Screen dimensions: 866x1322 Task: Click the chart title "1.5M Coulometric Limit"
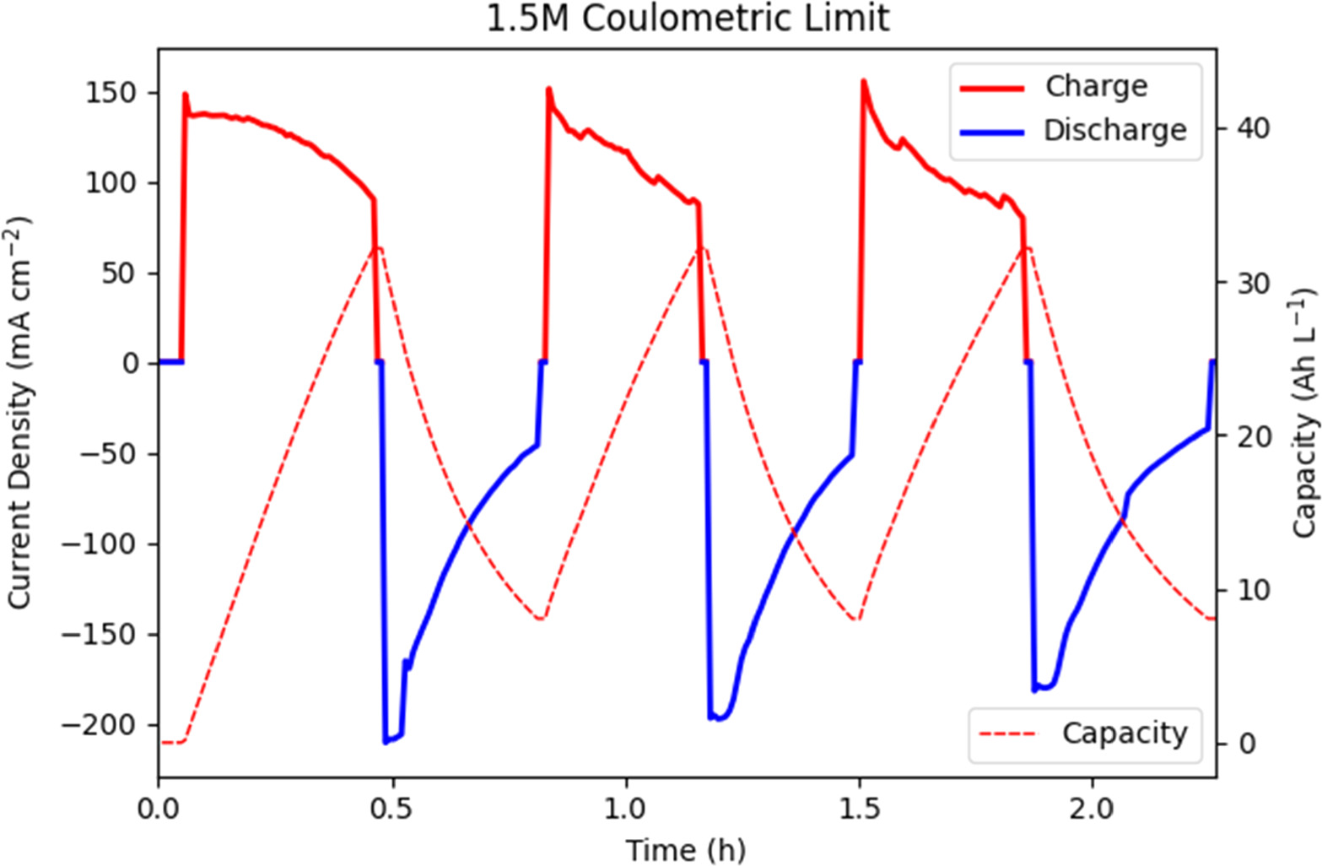point(688,19)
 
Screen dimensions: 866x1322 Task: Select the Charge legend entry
point(1096,86)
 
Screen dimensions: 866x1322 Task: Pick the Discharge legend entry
point(1114,130)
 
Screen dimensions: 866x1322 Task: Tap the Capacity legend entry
point(1124,733)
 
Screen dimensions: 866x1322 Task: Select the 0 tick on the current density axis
point(131,364)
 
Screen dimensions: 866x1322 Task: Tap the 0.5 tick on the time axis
point(392,809)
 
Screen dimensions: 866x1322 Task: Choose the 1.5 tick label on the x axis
point(859,809)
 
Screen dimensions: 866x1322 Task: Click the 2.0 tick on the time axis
point(1093,809)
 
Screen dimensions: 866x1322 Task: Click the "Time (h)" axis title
point(685,849)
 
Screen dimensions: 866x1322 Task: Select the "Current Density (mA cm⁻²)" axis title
point(20,412)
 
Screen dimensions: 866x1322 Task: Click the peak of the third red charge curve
point(863,81)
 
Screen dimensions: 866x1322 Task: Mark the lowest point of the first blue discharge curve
point(386,742)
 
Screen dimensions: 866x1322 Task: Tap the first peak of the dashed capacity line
point(380,248)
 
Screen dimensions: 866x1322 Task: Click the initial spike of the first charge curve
point(185,94)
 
